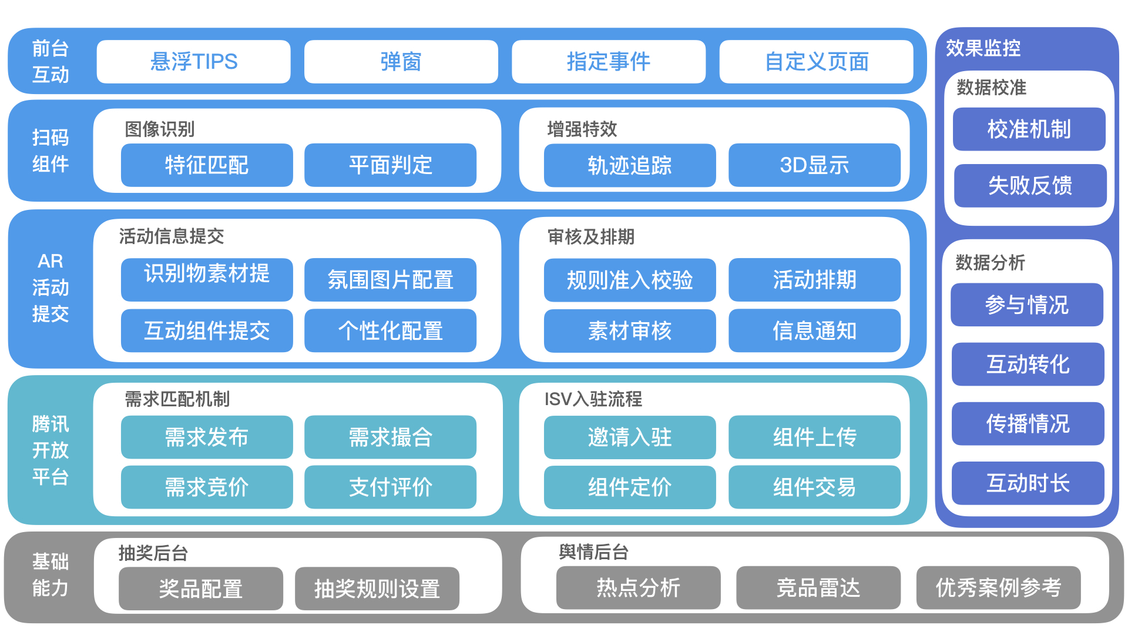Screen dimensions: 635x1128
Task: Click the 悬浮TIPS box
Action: [193, 62]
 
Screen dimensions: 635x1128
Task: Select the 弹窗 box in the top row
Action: [401, 62]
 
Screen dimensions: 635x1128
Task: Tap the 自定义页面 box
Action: [816, 62]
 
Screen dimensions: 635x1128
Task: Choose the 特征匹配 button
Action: [207, 165]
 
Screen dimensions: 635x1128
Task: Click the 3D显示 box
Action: [814, 165]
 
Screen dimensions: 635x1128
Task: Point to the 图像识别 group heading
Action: [159, 129]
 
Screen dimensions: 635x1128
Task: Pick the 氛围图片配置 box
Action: [390, 280]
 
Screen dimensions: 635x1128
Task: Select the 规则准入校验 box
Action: [630, 280]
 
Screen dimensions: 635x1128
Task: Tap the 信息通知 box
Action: [814, 331]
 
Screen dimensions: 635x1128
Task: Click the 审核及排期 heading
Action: [591, 237]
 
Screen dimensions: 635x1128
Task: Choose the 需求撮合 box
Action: [390, 437]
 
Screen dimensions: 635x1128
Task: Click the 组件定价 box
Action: [630, 487]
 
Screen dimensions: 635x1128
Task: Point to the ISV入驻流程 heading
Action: [593, 399]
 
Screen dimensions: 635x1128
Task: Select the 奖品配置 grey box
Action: [200, 589]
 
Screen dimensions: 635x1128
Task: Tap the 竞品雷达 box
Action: [818, 588]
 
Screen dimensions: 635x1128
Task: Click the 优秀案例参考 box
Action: [998, 588]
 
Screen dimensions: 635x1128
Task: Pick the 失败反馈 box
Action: [1030, 186]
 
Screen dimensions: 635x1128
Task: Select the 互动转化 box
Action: [1028, 365]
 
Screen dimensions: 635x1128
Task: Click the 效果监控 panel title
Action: [983, 48]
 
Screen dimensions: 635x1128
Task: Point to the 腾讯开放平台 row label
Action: [51, 450]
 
